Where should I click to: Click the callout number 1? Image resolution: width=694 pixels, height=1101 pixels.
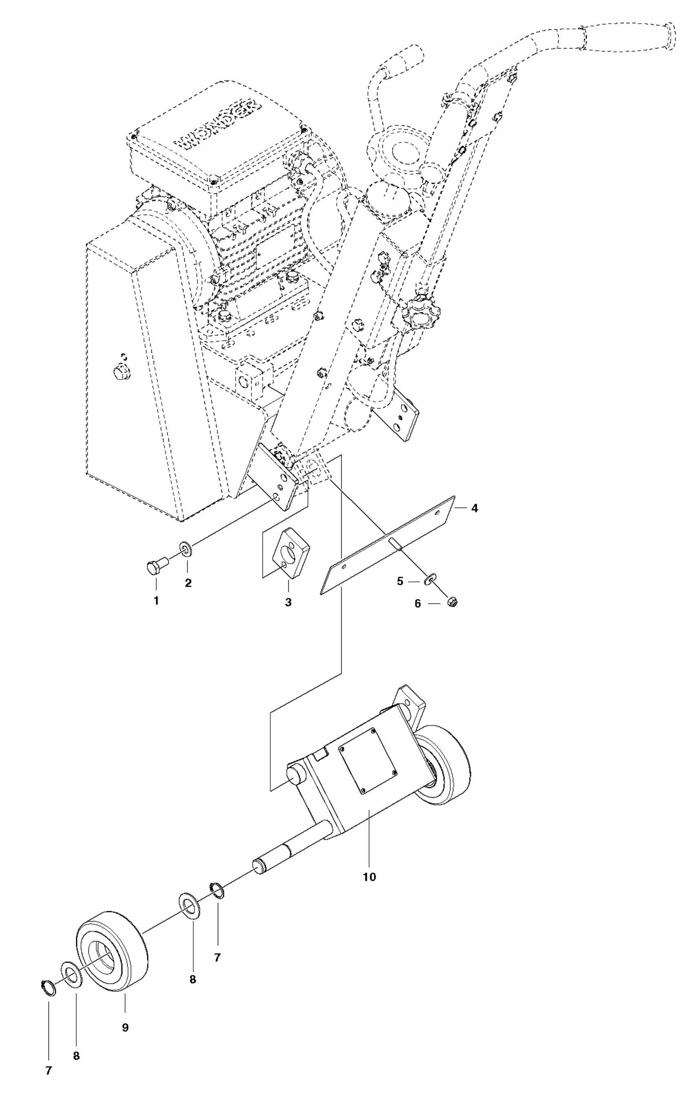tap(156, 600)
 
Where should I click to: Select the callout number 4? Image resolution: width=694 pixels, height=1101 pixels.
tap(475, 508)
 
